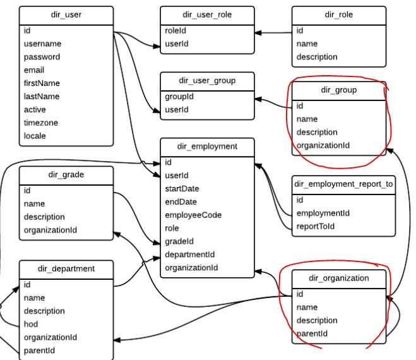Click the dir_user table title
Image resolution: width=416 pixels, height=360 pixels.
pyautogui.click(x=66, y=14)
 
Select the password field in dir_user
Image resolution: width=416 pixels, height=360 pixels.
pyautogui.click(x=42, y=57)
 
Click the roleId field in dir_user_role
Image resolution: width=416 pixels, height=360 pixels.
pyautogui.click(x=176, y=30)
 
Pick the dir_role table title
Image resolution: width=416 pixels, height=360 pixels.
pyautogui.click(x=338, y=14)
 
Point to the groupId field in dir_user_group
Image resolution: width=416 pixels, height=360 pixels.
pyautogui.click(x=179, y=97)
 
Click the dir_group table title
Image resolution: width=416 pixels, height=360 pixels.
pyautogui.click(x=338, y=90)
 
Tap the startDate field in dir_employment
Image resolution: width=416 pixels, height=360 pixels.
pyautogui.click(x=182, y=188)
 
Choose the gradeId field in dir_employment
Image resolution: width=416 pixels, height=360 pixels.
pyautogui.click(x=179, y=241)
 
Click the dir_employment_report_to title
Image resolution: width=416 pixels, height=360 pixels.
pyautogui.click(x=343, y=184)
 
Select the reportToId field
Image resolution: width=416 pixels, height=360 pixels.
pyautogui.click(x=316, y=226)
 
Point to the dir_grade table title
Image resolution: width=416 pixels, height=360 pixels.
pyautogui.click(x=66, y=174)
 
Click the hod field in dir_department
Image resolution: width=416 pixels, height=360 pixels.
pyautogui.click(x=31, y=324)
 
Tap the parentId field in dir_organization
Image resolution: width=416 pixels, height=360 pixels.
pyautogui.click(x=312, y=333)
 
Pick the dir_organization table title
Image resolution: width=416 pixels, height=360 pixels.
pyautogui.click(x=338, y=278)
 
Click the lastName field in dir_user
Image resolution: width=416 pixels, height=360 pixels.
pyautogui.click(x=42, y=96)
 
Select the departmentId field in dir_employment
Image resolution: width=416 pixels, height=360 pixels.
pyautogui.click(x=190, y=255)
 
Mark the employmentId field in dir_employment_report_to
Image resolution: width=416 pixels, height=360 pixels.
pyautogui.click(x=323, y=213)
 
